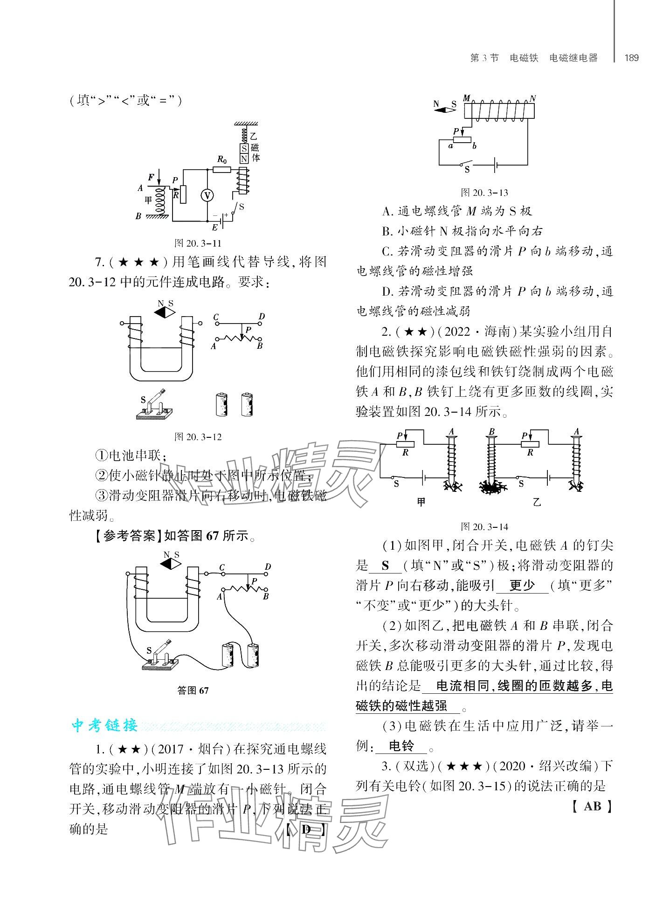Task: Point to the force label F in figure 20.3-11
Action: [151, 177]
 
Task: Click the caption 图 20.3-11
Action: [197, 243]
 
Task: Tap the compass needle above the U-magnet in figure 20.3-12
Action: [165, 313]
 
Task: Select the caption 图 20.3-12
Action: [197, 437]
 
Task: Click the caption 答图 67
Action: [193, 691]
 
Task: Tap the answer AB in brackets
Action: [592, 806]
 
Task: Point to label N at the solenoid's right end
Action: [532, 99]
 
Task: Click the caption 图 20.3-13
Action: [484, 193]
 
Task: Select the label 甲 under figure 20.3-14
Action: [421, 503]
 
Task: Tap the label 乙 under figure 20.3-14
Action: [537, 503]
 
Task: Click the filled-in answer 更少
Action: [522, 586]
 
